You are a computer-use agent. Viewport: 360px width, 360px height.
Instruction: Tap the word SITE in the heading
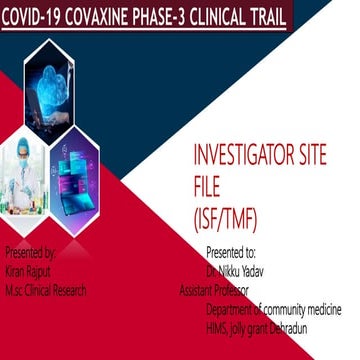322,158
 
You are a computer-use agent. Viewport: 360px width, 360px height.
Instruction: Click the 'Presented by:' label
31,254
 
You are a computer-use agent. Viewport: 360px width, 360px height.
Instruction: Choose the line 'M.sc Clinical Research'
46,290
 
